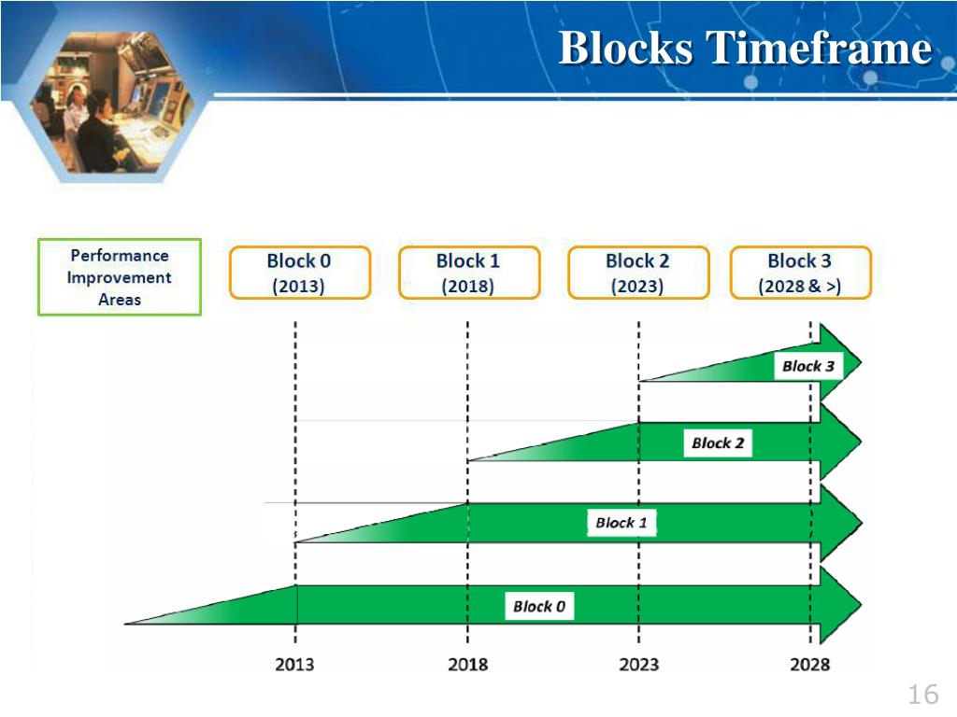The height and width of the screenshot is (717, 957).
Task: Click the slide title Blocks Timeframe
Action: point(745,49)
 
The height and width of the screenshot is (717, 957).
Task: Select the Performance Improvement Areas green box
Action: point(120,277)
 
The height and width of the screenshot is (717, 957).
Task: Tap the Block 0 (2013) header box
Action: point(299,273)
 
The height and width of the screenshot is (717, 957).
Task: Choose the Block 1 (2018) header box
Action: point(468,273)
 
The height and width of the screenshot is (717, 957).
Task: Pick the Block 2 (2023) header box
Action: point(637,273)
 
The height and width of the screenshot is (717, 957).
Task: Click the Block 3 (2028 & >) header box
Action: point(800,273)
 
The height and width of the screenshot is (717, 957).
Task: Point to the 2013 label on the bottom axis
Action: point(294,665)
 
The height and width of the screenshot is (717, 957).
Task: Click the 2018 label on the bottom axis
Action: point(467,665)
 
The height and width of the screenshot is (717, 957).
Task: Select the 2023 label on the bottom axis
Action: point(638,665)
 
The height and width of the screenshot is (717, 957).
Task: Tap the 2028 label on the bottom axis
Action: point(809,665)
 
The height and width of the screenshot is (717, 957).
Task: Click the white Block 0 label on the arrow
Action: point(539,607)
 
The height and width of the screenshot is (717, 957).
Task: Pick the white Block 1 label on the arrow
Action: point(621,523)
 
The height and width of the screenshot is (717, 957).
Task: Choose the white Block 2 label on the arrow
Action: point(718,443)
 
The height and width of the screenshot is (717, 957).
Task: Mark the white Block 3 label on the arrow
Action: point(807,366)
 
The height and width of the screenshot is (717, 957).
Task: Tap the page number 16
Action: point(921,695)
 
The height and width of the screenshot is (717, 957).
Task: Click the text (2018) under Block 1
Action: point(468,287)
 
